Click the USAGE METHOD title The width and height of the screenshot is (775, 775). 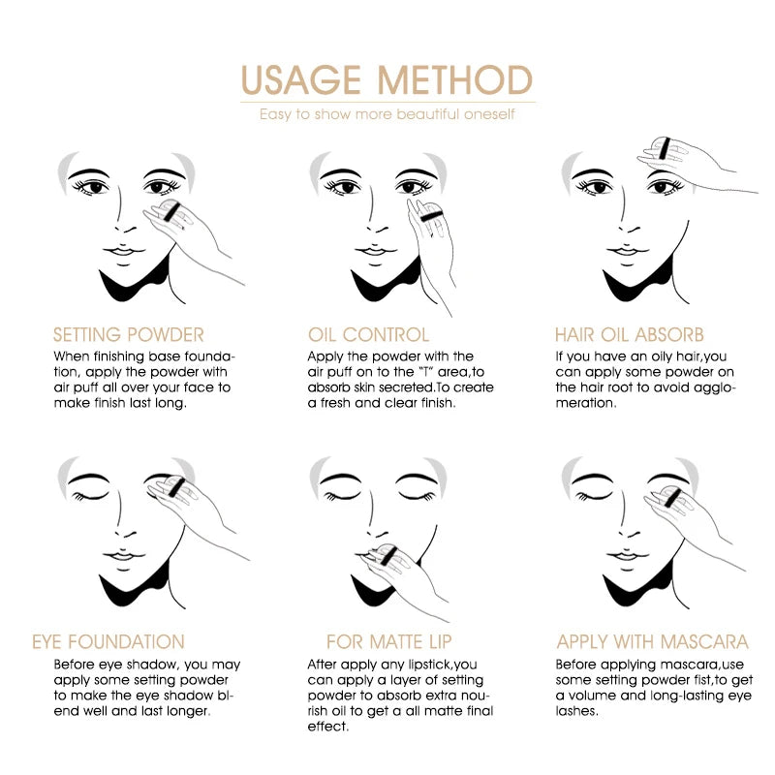387,80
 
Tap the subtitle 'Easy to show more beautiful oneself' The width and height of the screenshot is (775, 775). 387,115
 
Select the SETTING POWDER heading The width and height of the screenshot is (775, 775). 129,335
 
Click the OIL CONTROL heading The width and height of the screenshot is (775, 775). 368,335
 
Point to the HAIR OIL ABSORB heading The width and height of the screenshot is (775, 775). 630,335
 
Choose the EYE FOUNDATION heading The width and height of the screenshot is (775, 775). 108,641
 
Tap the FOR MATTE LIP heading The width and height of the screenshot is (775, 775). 389,641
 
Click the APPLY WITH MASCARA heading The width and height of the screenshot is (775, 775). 652,641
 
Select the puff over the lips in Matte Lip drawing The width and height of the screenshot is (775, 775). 385,554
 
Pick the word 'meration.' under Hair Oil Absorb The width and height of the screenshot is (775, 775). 585,403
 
